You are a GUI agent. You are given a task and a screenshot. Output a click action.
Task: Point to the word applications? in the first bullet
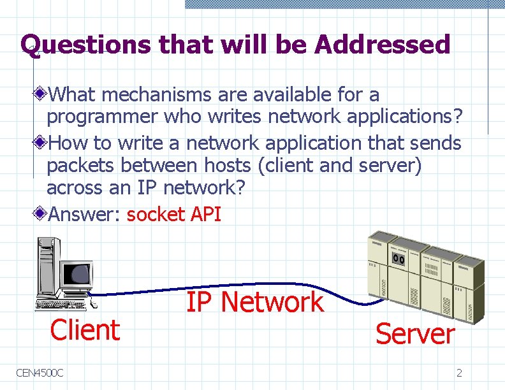point(404,117)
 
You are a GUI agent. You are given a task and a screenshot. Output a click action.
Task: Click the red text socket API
point(173,214)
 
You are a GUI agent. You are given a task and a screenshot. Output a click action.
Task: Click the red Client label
point(85,330)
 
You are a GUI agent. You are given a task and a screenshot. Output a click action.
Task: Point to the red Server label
point(414,333)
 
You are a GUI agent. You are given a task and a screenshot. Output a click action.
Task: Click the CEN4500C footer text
point(40,372)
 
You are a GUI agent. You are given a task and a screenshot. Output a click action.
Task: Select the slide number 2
point(459,373)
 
